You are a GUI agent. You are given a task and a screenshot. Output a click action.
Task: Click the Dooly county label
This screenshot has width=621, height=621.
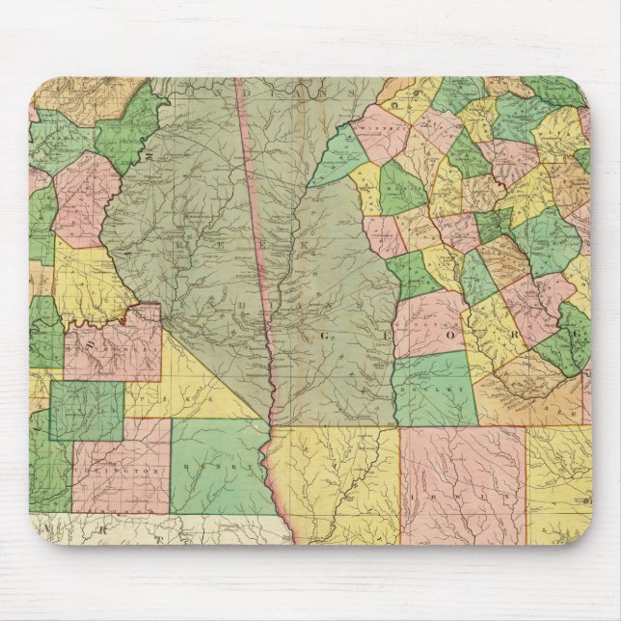[436, 393]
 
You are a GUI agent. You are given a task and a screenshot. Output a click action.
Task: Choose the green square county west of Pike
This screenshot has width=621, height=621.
[87, 409]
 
